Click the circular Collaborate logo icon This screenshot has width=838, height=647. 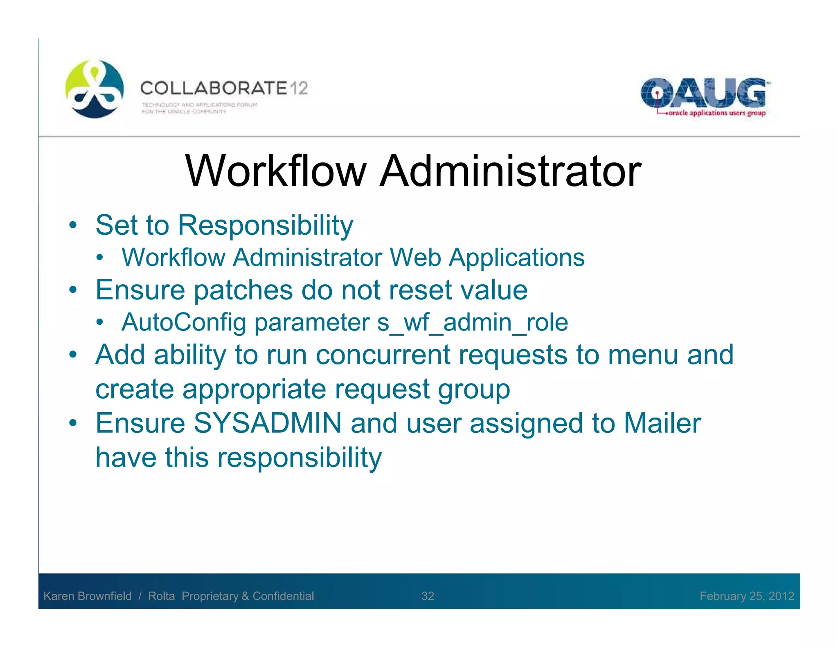95,89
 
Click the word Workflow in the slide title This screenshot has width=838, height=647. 275,171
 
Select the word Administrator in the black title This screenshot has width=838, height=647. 510,171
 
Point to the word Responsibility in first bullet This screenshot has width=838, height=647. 265,225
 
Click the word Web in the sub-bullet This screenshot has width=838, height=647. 415,258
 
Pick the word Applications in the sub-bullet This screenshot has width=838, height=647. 517,258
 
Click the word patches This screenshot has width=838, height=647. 243,290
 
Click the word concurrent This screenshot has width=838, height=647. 383,355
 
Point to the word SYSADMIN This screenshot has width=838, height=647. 267,423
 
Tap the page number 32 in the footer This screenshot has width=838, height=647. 428,596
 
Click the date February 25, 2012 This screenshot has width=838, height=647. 747,596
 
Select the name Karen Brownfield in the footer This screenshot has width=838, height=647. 88,596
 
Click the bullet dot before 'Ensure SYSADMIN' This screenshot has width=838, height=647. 73,423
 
